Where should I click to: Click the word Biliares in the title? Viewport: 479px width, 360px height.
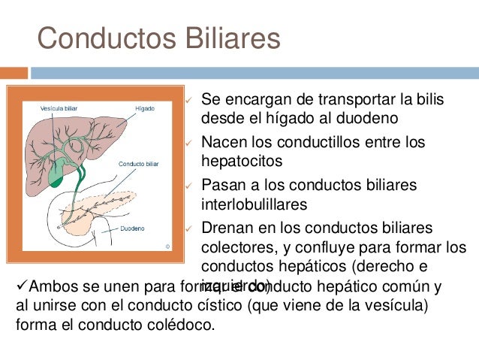coord(228,38)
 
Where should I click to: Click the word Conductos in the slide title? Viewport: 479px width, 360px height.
coord(105,38)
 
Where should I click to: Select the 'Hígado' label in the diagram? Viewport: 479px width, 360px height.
coord(145,108)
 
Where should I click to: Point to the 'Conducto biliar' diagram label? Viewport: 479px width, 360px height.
coord(138,163)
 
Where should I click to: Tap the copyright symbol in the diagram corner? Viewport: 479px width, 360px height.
coord(168,245)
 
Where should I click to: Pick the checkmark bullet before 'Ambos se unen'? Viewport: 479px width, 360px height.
coord(22,286)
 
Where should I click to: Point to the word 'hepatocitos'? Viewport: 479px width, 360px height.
coord(239,160)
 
